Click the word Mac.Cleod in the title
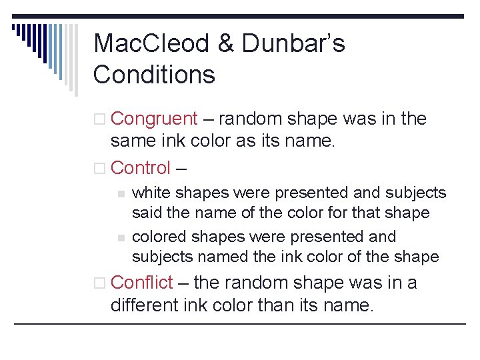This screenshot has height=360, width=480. pos(153,43)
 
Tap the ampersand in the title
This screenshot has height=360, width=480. pos(227,43)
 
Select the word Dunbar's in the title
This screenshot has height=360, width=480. pos(294,43)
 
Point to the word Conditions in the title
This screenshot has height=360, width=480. pos(154,74)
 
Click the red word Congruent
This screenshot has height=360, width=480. pos(154,119)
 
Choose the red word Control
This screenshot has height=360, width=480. pos(141,168)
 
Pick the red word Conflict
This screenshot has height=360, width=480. pos(142,283)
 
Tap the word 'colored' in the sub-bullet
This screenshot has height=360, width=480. pos(159,237)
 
